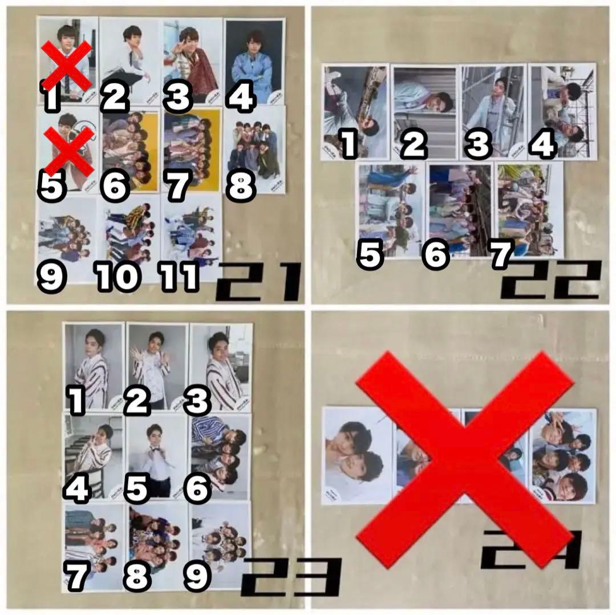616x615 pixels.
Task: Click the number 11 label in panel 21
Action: tap(180, 277)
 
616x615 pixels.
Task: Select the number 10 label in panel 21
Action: tap(117, 277)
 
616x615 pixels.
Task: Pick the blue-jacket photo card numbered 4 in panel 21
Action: tap(254, 60)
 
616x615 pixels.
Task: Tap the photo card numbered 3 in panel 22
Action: tap(493, 111)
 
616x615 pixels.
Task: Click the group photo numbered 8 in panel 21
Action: tap(254, 148)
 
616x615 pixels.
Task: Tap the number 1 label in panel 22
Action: tap(348, 144)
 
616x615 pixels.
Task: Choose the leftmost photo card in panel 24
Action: tap(357, 455)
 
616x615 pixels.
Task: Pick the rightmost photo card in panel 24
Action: tap(563, 455)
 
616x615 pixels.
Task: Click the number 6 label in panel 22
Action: tap(436, 255)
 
